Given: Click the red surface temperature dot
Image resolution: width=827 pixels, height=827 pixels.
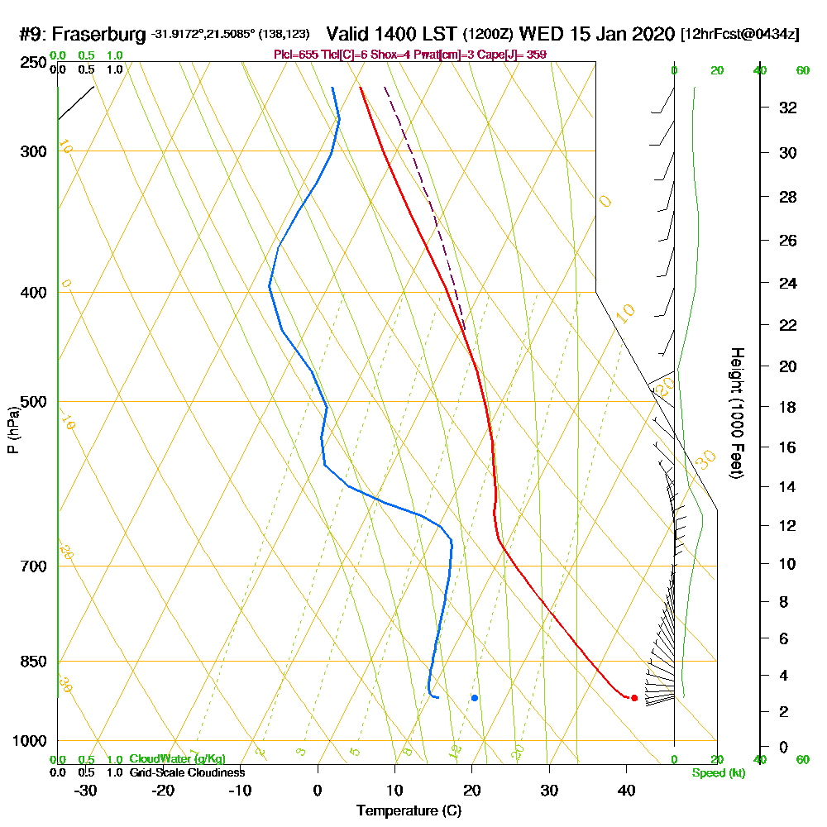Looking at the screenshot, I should point(634,698).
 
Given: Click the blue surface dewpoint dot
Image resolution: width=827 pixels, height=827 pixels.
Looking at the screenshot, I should point(475,698).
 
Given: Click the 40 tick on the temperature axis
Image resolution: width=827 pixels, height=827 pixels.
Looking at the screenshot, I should point(626,790).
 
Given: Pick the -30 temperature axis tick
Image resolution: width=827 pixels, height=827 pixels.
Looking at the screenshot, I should point(84,790).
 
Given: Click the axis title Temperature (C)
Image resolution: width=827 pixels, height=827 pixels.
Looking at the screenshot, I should point(409,811).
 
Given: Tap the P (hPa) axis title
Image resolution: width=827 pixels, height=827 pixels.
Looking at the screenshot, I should point(13,429).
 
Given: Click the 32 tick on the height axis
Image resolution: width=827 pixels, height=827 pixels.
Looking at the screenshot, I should point(788,108).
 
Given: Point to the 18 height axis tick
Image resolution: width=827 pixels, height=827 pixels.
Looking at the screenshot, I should point(788,407).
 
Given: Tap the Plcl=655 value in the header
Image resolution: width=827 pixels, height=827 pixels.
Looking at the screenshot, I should point(295,55).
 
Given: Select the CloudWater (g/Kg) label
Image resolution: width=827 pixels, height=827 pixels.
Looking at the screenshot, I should point(177,759).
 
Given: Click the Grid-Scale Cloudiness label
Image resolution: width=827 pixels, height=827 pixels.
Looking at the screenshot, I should point(187,772).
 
